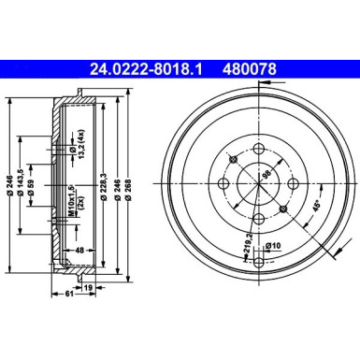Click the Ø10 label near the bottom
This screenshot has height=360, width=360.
(274, 246)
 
